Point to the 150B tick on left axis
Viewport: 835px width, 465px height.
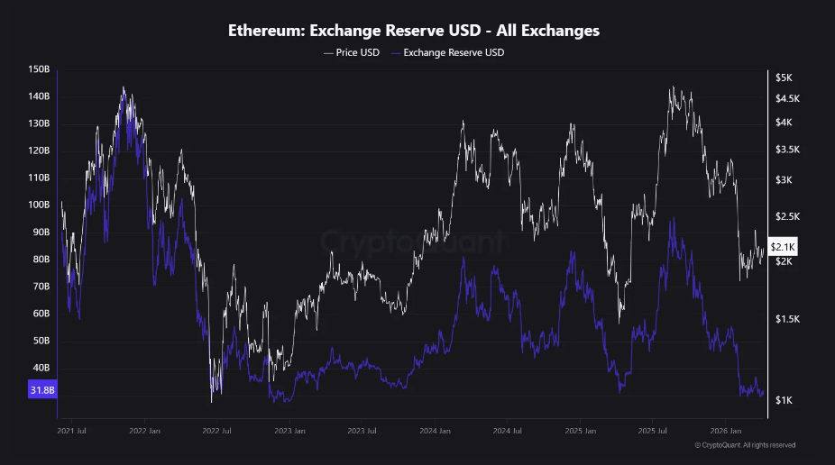pos(39,69)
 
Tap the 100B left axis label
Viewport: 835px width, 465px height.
pos(39,205)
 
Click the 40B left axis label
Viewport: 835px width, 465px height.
pos(41,368)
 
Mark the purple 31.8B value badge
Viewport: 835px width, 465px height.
pos(41,390)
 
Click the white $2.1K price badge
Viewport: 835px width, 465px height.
pos(783,247)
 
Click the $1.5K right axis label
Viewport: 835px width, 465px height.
pos(785,319)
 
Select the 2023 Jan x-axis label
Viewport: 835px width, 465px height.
pos(289,431)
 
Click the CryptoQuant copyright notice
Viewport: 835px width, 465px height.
pos(745,444)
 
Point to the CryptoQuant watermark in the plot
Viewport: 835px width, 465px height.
pos(412,242)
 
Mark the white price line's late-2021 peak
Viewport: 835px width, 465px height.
pos(123,87)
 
